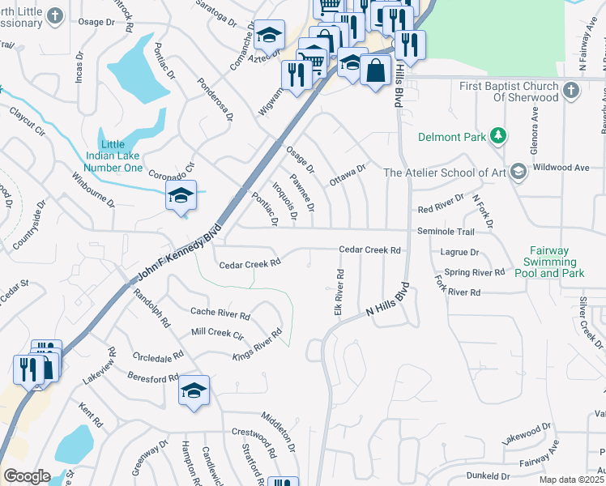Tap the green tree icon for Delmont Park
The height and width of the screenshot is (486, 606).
(501, 136)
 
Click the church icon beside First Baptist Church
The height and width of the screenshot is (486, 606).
(572, 90)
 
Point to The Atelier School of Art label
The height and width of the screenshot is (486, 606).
(444, 172)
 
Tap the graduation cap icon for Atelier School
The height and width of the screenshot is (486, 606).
(519, 171)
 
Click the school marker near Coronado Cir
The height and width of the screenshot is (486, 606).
(181, 195)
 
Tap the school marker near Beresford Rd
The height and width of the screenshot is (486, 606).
(194, 391)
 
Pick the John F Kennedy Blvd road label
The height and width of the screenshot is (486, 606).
(179, 252)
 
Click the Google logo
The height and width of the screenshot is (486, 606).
(27, 476)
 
